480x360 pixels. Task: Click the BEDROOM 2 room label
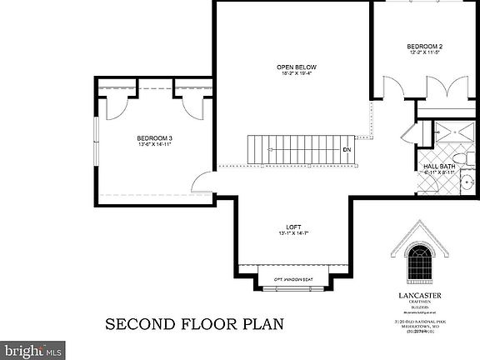point(424,45)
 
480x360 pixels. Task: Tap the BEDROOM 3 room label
point(154,138)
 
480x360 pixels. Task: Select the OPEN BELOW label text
point(297,67)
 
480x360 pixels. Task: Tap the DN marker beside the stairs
point(347,151)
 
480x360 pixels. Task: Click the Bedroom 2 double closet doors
point(457,87)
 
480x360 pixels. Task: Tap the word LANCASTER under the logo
point(418,294)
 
